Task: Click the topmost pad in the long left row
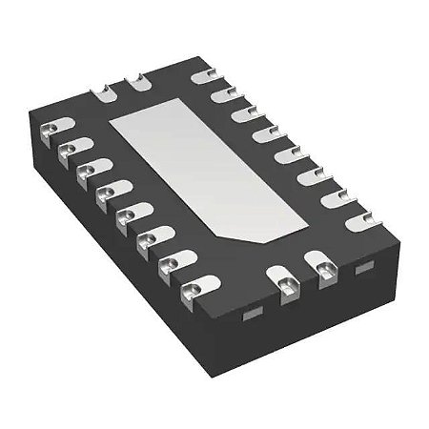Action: [x=51, y=128]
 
